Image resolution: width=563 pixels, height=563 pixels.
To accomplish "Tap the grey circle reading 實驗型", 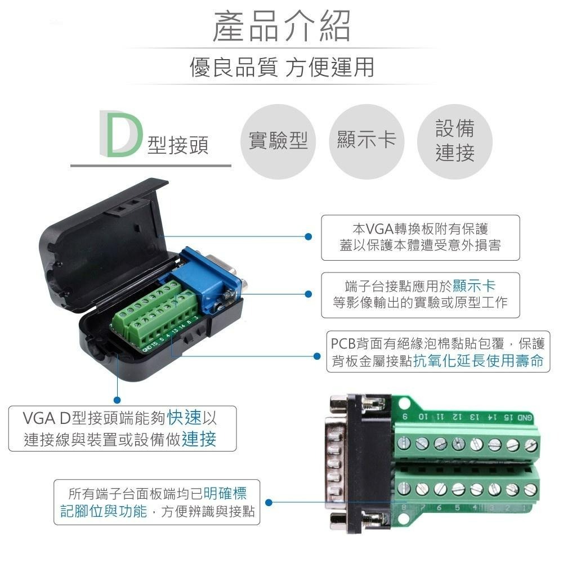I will [x=278, y=141].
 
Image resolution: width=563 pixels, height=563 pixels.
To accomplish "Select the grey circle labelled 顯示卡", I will [x=367, y=141].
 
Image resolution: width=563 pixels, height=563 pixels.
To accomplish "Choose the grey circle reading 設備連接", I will [x=455, y=141].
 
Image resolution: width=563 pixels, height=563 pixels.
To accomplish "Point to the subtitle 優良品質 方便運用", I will [x=281, y=68].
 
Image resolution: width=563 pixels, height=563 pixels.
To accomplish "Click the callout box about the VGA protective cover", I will [x=420, y=237].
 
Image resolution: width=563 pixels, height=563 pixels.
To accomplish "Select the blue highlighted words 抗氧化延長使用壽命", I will [x=479, y=361].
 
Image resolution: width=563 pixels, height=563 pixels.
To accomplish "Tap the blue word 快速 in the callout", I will [x=184, y=418].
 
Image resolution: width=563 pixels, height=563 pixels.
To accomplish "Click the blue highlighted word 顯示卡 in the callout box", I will [x=474, y=285].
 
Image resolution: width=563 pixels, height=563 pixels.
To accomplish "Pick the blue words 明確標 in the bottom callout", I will [x=225, y=494].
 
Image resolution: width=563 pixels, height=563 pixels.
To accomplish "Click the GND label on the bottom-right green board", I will [x=524, y=417].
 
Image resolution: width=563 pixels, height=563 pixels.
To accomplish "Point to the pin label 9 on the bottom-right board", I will [x=405, y=417].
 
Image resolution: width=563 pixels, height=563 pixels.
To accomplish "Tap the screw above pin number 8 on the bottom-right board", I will [x=404, y=489].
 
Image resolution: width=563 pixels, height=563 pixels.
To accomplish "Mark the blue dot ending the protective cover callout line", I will [x=308, y=236].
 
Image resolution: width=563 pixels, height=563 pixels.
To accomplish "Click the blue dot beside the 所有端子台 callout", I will [x=269, y=502].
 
